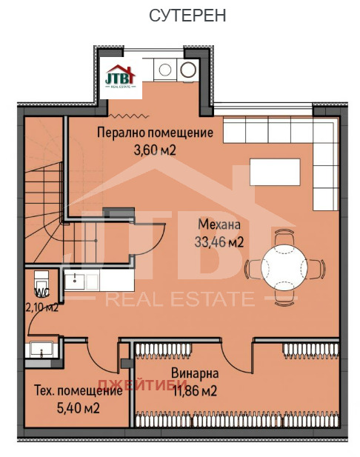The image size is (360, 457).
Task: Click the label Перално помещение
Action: point(156,133)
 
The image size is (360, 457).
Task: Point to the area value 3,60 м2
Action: point(155,150)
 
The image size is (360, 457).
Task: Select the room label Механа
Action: point(219,224)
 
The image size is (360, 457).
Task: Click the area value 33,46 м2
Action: point(219,241)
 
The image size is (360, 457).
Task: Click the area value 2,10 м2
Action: point(41,307)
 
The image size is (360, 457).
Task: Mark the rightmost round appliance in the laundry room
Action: point(188,70)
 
